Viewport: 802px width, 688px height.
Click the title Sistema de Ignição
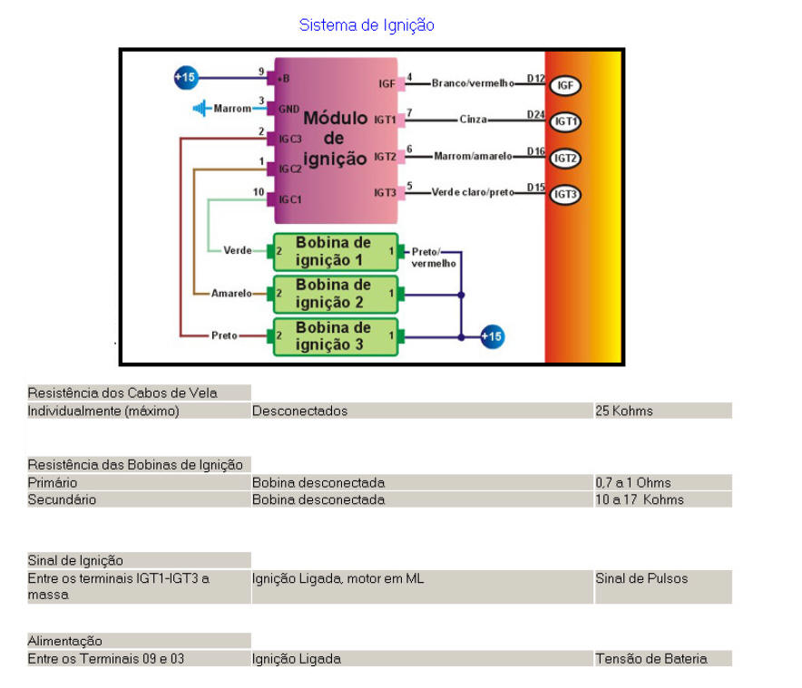tap(367, 25)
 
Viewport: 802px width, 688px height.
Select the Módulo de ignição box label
tap(335, 138)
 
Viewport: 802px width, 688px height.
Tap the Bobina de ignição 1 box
tap(335, 251)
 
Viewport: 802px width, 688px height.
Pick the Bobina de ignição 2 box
tap(335, 294)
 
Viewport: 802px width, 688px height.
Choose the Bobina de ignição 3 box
tap(335, 335)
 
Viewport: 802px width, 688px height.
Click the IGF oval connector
tap(565, 85)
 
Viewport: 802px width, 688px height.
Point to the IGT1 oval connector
tap(565, 121)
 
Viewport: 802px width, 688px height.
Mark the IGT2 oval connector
tap(565, 158)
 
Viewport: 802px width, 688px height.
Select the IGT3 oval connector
tap(565, 194)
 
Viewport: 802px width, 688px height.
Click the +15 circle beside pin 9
tap(185, 78)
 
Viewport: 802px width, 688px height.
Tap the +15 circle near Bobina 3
tap(491, 336)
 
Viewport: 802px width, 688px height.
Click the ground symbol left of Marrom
tap(200, 109)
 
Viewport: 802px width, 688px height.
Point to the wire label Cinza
tap(473, 119)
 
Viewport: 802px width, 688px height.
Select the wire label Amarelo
tap(231, 294)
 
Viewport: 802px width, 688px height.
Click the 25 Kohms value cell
tap(624, 411)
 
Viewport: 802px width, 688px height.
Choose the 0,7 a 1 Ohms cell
tap(633, 482)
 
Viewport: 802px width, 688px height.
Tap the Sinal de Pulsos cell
tap(641, 578)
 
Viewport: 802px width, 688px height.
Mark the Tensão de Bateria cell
tap(650, 659)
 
